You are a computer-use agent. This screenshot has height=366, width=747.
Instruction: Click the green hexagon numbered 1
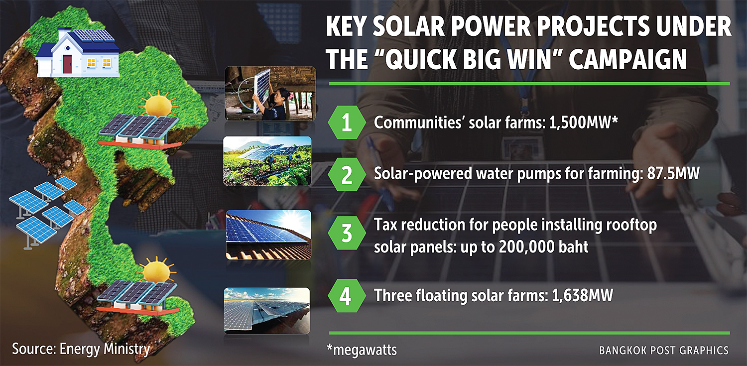(347, 122)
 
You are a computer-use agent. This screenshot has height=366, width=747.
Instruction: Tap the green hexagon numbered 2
(347, 174)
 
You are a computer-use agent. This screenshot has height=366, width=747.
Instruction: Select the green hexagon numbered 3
(347, 233)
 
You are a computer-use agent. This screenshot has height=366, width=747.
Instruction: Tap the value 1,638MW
(582, 295)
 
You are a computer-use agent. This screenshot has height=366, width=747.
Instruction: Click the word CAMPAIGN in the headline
(627, 59)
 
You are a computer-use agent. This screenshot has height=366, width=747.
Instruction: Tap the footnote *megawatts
(362, 350)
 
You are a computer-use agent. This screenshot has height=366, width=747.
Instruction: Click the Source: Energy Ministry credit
(81, 349)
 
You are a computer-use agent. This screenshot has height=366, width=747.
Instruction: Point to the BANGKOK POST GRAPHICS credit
(664, 351)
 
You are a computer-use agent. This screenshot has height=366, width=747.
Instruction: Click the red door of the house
(67, 64)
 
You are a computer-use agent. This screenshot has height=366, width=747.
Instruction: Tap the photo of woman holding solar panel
(270, 93)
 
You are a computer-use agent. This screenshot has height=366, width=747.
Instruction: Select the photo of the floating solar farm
(267, 311)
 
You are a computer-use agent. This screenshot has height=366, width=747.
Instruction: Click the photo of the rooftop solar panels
(268, 235)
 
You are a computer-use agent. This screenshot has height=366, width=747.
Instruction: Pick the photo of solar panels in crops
(267, 161)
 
